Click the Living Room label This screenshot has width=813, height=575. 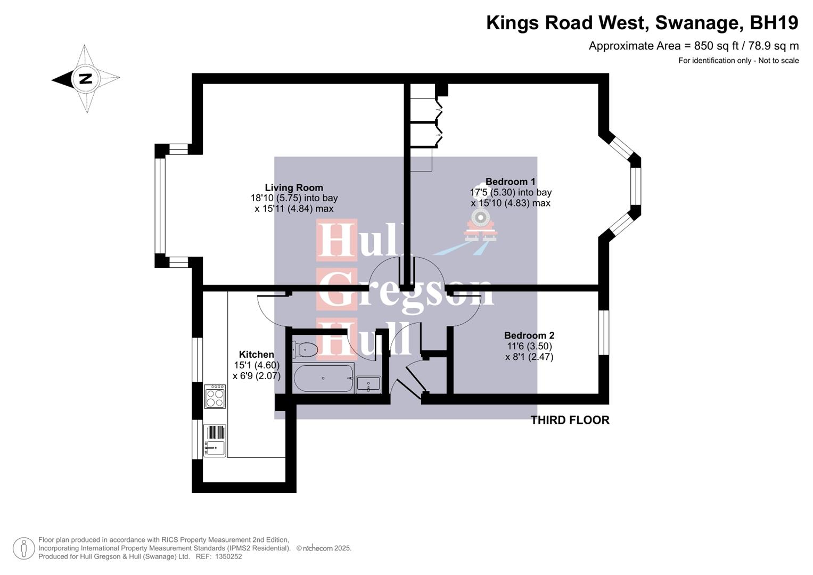tap(294, 187)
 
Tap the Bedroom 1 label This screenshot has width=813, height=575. tap(510, 182)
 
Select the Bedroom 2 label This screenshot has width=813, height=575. tap(529, 335)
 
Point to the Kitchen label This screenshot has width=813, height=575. tap(256, 355)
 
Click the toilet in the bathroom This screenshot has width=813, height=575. tap(305, 349)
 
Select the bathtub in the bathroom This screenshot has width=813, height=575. tap(323, 378)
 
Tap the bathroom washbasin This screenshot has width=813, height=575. tap(368, 384)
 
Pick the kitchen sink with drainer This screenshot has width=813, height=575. tap(215, 440)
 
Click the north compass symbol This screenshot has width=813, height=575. tap(86, 79)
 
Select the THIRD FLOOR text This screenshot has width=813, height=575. tap(570, 420)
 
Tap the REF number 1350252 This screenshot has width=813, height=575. tap(227, 556)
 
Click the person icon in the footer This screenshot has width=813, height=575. tap(24, 548)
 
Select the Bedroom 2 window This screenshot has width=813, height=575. tap(603, 333)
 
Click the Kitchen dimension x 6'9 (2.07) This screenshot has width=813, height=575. tap(256, 376)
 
